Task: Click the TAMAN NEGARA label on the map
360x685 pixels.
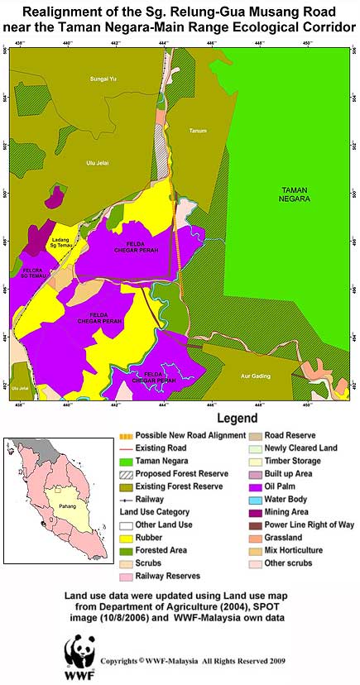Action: (x=294, y=193)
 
